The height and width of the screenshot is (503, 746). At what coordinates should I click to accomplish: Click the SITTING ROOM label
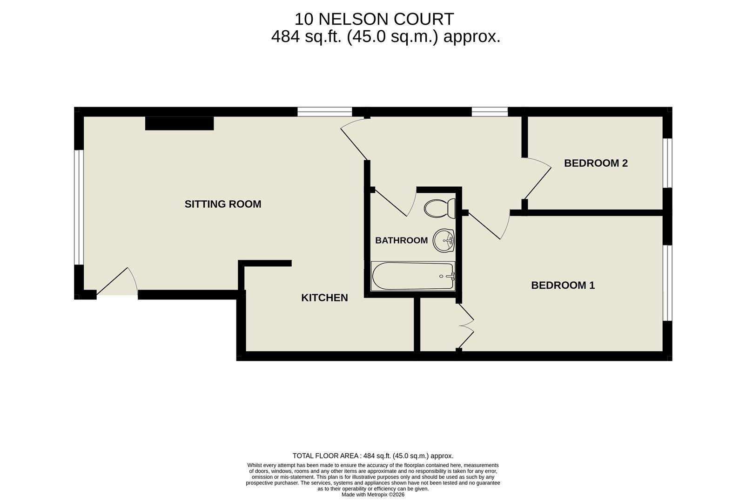(x=222, y=204)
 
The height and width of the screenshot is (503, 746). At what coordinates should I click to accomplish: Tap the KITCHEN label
(x=324, y=298)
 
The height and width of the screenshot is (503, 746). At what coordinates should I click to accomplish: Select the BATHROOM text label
(x=401, y=240)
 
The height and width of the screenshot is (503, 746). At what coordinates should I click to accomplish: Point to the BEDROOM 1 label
(x=563, y=285)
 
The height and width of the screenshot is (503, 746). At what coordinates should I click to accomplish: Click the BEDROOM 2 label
(x=596, y=163)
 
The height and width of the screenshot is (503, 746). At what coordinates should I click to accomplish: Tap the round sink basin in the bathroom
(x=444, y=241)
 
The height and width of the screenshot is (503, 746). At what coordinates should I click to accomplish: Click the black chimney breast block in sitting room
(x=179, y=123)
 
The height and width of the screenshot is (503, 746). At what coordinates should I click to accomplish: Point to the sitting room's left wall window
(x=79, y=207)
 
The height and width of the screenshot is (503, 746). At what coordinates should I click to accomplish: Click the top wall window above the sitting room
(x=324, y=112)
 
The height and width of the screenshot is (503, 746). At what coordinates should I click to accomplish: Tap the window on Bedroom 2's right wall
(x=667, y=163)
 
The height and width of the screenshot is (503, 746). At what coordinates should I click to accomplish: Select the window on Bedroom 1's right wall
(x=667, y=283)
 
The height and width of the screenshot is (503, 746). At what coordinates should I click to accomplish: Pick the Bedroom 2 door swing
(x=538, y=179)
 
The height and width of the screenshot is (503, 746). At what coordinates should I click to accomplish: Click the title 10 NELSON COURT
(x=374, y=19)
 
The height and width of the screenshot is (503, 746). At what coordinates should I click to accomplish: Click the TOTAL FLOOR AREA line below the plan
(x=373, y=456)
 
